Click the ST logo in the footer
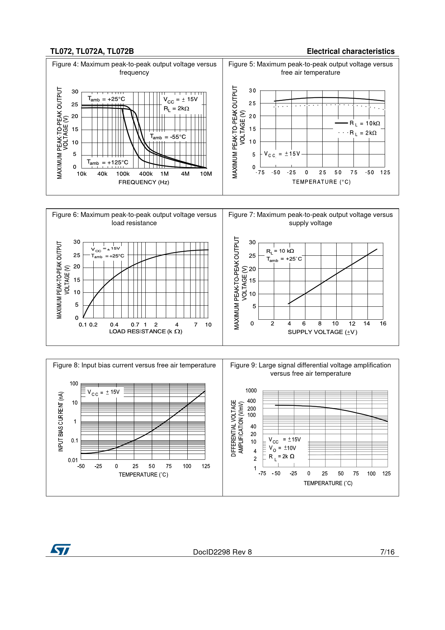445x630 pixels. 60,549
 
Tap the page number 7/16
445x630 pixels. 387,552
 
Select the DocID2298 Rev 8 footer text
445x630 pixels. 222,552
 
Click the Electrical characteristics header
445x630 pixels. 350,51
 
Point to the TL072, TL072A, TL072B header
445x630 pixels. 92,51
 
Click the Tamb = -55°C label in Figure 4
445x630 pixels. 168,137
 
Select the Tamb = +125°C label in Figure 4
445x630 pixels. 108,162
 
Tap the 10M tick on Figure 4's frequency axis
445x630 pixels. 206,174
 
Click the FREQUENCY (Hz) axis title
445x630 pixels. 144,182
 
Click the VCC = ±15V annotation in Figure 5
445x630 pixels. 282,154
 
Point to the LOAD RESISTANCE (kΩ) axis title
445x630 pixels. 146,332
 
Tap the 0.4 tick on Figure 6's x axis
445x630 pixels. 114,325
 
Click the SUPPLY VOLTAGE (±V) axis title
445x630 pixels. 322,332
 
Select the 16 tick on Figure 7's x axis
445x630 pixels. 383,324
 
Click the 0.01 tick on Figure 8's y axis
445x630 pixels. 73,460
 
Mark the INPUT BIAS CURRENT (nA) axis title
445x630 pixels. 61,422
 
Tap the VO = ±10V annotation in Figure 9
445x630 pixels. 282,448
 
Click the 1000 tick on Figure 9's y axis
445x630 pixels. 251,391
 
